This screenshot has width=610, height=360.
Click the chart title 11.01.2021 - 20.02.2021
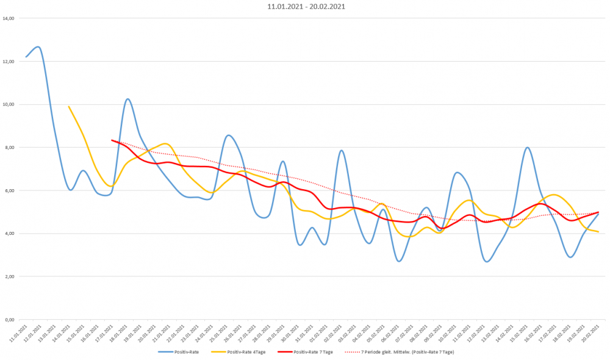(x=304, y=7)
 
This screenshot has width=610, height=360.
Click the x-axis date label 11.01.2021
(x=21, y=333)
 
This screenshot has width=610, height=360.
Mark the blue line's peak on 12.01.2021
(x=38, y=46)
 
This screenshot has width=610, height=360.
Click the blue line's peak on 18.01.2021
(x=127, y=99)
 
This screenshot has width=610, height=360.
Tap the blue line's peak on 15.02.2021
(x=527, y=148)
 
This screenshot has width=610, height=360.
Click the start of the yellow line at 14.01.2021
(x=68, y=106)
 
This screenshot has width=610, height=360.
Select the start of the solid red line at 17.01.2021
(x=112, y=140)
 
